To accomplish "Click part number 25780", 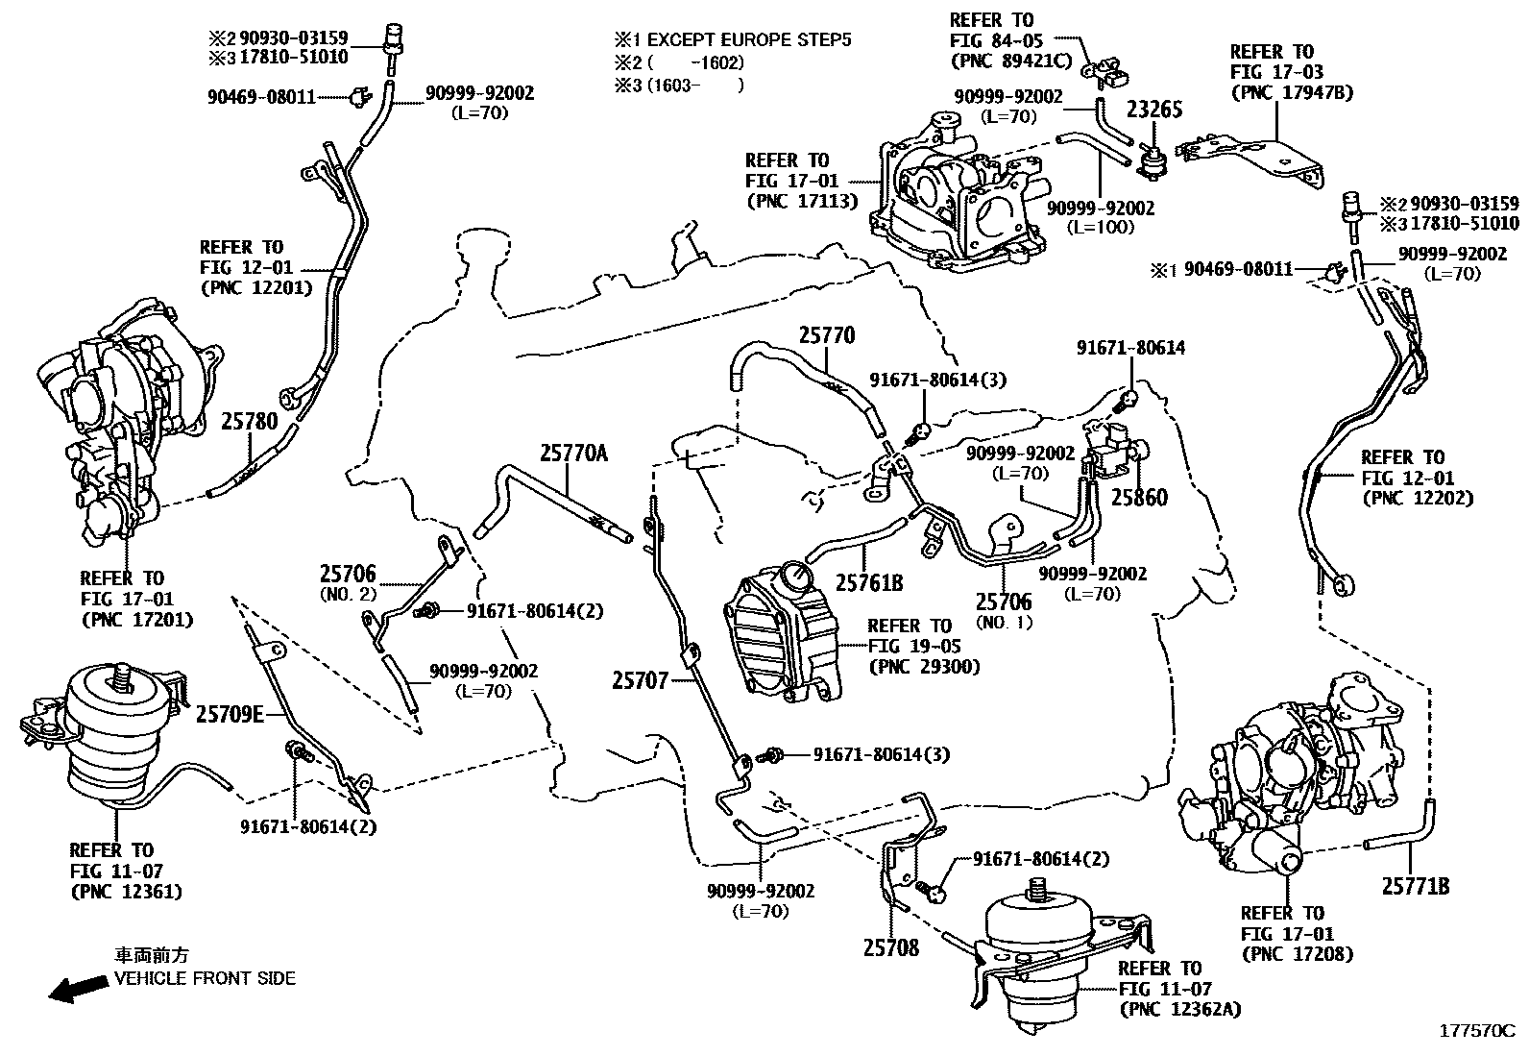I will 249,421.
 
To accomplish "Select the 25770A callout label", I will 573,453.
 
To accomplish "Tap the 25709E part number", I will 231,714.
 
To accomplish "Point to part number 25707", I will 640,680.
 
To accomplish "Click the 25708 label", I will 890,948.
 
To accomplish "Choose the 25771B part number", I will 1416,886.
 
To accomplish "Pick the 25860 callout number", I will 1139,498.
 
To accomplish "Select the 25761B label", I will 869,582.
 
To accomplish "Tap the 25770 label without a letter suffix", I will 827,335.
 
